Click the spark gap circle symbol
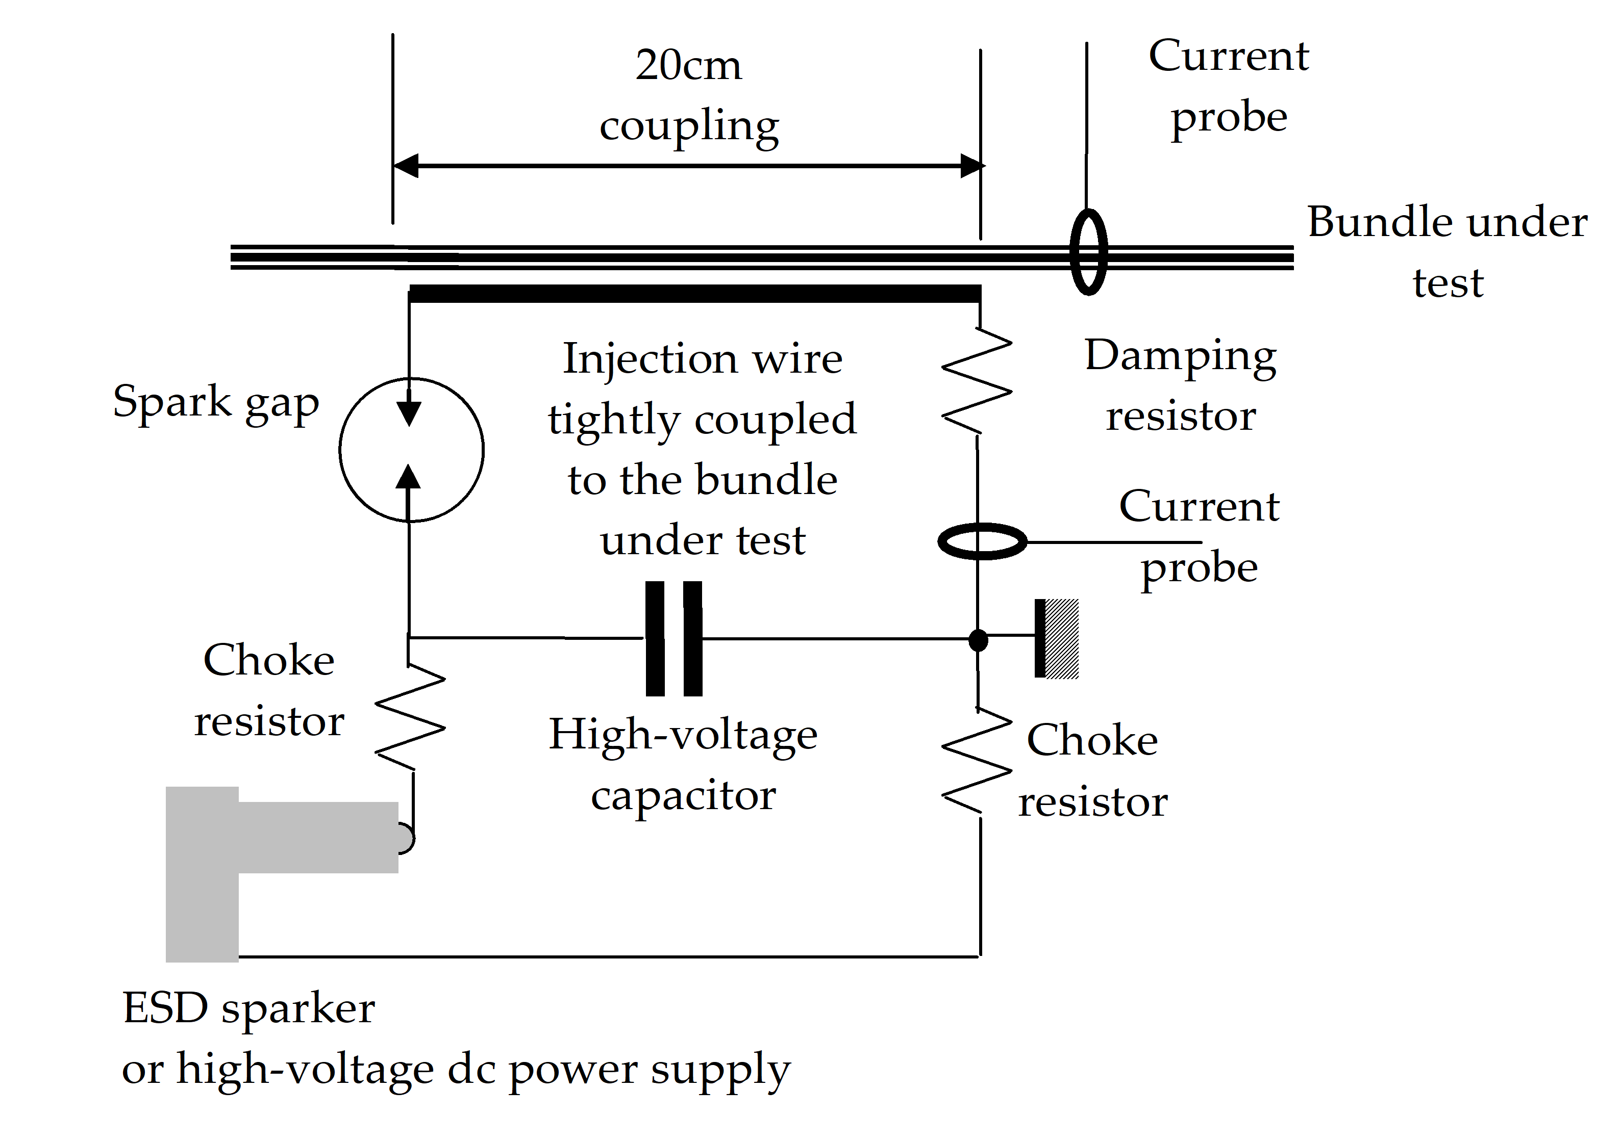pyautogui.click(x=412, y=450)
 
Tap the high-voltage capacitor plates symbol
pyautogui.click(x=674, y=639)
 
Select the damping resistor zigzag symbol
pyautogui.click(x=977, y=380)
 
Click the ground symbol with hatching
pyautogui.click(x=1056, y=639)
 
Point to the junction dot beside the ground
pyautogui.click(x=978, y=640)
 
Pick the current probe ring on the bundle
pyautogui.click(x=1088, y=252)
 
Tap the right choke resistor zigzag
pyautogui.click(x=978, y=761)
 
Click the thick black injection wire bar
pyautogui.click(x=695, y=294)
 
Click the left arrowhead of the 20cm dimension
pyautogui.click(x=406, y=166)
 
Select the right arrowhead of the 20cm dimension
pyautogui.click(x=972, y=166)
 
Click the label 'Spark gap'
pyautogui.click(x=216, y=403)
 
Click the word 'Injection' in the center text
pyautogui.click(x=650, y=359)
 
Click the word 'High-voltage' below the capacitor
pyautogui.click(x=683, y=735)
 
